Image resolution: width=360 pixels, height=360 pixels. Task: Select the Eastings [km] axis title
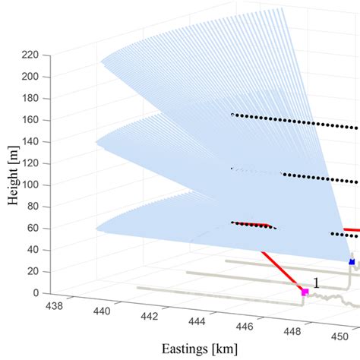[200, 349]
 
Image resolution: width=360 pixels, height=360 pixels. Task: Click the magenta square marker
[305, 292]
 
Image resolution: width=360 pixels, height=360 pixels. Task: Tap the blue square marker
[352, 261]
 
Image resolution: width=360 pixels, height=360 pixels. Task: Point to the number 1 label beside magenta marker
[316, 283]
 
